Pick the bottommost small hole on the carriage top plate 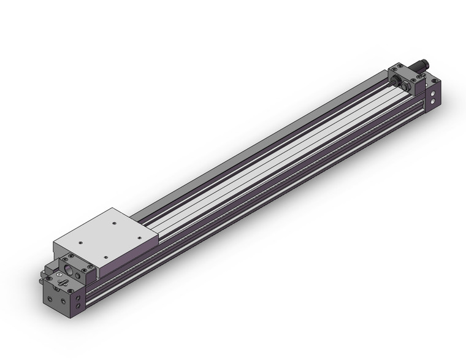click(x=106, y=257)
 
